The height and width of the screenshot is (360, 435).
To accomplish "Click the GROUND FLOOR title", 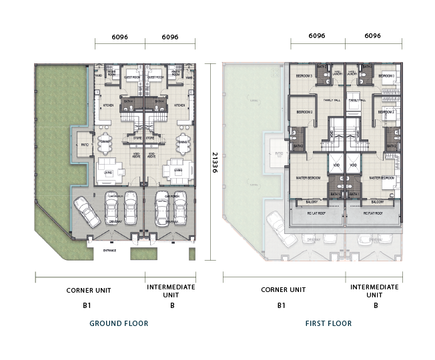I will [119, 323].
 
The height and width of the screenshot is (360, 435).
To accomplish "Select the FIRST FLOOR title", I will [328, 323].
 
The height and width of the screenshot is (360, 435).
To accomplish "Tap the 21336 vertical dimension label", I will [215, 161].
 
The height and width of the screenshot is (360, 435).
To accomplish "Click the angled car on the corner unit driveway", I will [87, 213].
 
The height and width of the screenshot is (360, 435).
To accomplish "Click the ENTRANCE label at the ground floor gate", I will [109, 251].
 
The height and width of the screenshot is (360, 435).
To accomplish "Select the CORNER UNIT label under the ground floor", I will [88, 290].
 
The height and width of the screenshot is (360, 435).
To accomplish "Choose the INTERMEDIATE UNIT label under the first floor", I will [376, 290].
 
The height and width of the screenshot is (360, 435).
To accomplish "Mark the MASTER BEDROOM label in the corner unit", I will [308, 178].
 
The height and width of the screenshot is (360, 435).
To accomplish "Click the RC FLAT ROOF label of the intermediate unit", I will [372, 214].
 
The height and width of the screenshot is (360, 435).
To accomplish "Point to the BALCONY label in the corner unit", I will [312, 201].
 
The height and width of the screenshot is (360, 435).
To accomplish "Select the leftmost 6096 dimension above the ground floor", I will [119, 39].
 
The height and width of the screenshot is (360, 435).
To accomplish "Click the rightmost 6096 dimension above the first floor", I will [372, 36].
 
